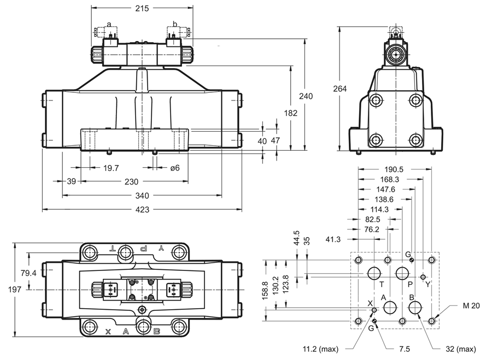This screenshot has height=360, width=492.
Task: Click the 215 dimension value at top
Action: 142,8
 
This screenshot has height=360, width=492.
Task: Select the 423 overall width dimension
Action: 142,209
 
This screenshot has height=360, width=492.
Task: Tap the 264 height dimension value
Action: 340,89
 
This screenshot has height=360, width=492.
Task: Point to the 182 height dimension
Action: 291,113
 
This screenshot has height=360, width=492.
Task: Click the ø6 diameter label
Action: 175,168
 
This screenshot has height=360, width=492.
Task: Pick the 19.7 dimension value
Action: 111,168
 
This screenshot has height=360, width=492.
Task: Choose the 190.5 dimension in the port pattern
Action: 394,169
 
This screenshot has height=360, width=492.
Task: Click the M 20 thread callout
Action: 471,305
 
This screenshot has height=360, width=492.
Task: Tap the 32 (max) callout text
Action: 461,349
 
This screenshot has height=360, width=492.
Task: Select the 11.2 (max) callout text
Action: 320,349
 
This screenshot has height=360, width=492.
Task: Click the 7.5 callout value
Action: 405,349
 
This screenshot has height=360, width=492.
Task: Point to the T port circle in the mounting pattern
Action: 374,273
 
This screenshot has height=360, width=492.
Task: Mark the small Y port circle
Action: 423,277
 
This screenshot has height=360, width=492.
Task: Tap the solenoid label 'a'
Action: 109,24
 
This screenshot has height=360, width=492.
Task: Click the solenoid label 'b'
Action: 175,24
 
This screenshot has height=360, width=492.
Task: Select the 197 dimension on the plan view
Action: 15,289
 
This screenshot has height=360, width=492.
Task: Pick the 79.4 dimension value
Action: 28,273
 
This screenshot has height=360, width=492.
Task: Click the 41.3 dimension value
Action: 333,239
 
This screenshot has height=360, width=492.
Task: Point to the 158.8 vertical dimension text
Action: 265,291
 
